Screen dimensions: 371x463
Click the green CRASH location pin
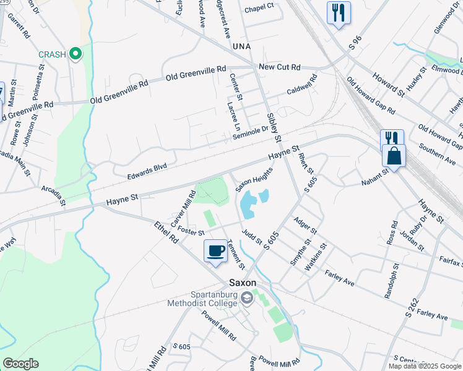(76, 54)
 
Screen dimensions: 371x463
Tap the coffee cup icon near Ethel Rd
(215, 251)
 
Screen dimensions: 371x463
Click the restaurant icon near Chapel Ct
(338, 12)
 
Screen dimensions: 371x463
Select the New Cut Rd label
(279, 67)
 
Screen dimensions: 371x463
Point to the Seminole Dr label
(251, 132)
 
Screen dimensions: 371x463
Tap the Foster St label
(190, 231)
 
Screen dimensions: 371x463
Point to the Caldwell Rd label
(301, 85)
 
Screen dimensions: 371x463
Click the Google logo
(20, 364)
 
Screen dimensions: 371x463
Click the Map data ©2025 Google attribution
(425, 366)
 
